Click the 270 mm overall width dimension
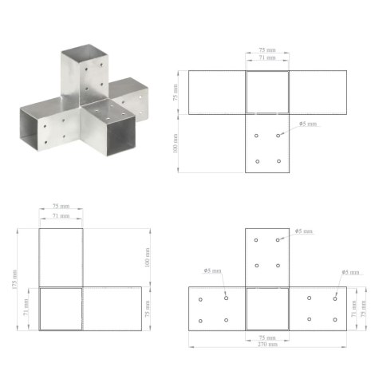coord(268,344)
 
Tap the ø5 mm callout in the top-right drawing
coord(307,124)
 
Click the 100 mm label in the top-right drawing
coord(175,144)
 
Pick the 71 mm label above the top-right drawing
coord(267,58)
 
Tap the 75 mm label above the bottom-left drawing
coord(61,207)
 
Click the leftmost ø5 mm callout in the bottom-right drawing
coord(212,271)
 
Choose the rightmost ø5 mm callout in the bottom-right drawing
coord(349,273)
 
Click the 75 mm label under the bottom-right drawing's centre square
coord(267,337)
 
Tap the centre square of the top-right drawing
coord(267,93)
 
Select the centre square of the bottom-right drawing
coord(267,308)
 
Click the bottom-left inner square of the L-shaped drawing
coord(61,308)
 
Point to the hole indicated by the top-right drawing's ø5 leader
coord(278,136)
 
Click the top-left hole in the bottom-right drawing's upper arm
coord(256,239)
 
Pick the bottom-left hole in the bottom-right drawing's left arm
coord(200,321)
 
